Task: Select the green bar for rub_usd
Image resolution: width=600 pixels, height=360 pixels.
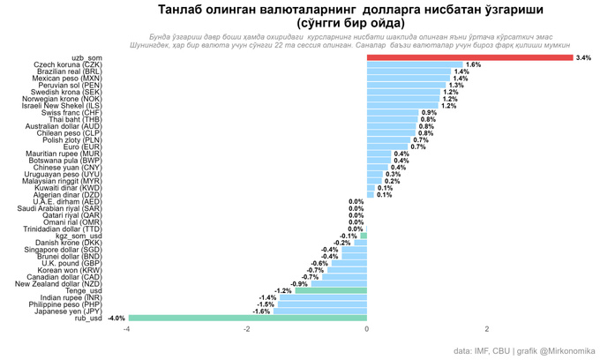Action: [247, 318]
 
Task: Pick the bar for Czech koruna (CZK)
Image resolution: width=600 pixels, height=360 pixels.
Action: [415, 64]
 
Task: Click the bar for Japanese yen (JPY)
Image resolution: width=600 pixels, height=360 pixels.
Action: [319, 311]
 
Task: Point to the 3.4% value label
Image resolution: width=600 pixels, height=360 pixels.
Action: [582, 57]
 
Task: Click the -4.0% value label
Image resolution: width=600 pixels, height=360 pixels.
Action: [116, 318]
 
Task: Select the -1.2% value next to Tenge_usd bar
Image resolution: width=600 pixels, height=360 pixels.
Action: [282, 290]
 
